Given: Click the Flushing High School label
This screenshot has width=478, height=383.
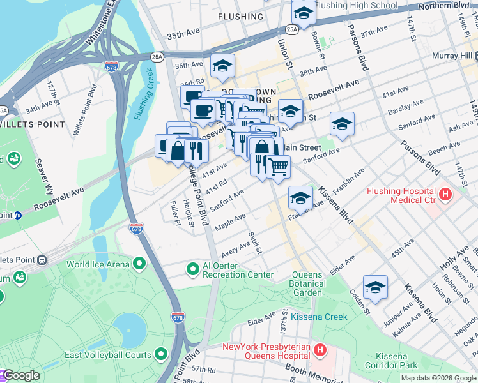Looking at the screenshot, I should tap(356, 6).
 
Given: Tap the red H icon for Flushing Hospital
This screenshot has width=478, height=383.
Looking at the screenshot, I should tap(446, 191).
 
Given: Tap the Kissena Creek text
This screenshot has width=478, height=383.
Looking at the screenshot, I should tap(319, 317).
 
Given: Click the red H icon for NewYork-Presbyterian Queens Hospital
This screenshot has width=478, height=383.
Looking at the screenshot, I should tap(320, 349).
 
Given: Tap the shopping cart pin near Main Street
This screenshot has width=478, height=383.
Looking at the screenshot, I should tap(277, 167).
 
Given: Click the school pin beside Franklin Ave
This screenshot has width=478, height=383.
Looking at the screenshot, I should tap(300, 197).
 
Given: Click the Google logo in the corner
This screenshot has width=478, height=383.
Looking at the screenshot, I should tap(20, 375).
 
